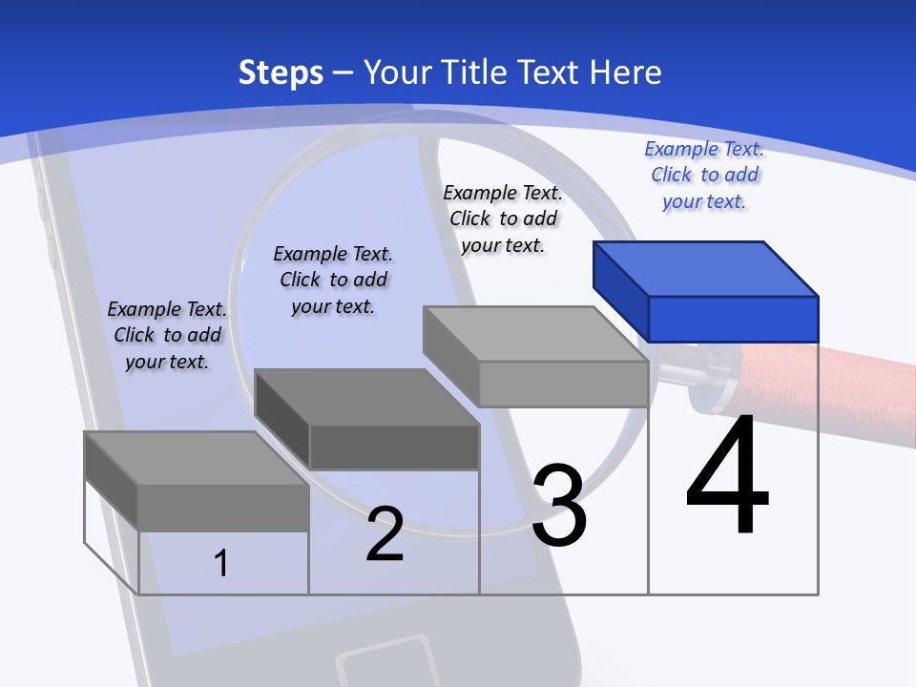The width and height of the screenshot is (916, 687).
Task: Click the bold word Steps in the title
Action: point(281,73)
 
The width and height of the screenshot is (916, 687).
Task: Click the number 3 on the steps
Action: point(559,506)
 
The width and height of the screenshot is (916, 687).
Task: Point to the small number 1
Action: point(221,563)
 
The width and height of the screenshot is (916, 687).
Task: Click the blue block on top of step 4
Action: point(706,291)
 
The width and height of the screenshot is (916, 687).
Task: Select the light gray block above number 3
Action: point(536,356)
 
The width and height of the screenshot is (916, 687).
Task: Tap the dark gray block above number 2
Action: point(367,420)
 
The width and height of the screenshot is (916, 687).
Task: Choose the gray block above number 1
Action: point(198,480)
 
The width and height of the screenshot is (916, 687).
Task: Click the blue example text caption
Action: point(704,175)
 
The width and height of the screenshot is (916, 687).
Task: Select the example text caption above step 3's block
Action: point(503,219)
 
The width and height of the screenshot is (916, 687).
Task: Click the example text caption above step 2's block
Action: point(333,280)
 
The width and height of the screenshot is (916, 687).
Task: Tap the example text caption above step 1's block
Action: point(167,335)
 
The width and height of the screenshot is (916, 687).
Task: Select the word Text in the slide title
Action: point(550,73)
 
